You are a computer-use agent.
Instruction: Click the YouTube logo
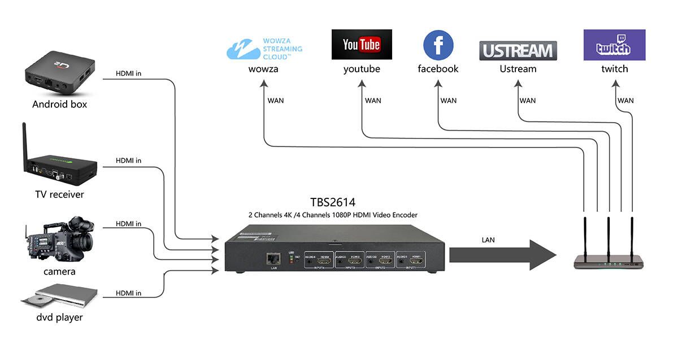362,45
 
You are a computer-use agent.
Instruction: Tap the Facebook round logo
438,45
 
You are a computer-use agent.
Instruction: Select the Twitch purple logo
614,45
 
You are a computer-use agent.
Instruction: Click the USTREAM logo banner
518,51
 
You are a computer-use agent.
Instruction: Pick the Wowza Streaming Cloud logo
264,49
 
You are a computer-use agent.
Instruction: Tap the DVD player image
59,297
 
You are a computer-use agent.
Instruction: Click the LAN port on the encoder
274,258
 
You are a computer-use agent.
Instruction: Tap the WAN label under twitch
625,101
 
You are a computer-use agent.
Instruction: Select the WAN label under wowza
276,101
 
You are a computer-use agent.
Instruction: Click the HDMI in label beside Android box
128,73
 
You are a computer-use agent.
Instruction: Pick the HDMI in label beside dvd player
128,293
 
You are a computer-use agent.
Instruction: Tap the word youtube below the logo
362,69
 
